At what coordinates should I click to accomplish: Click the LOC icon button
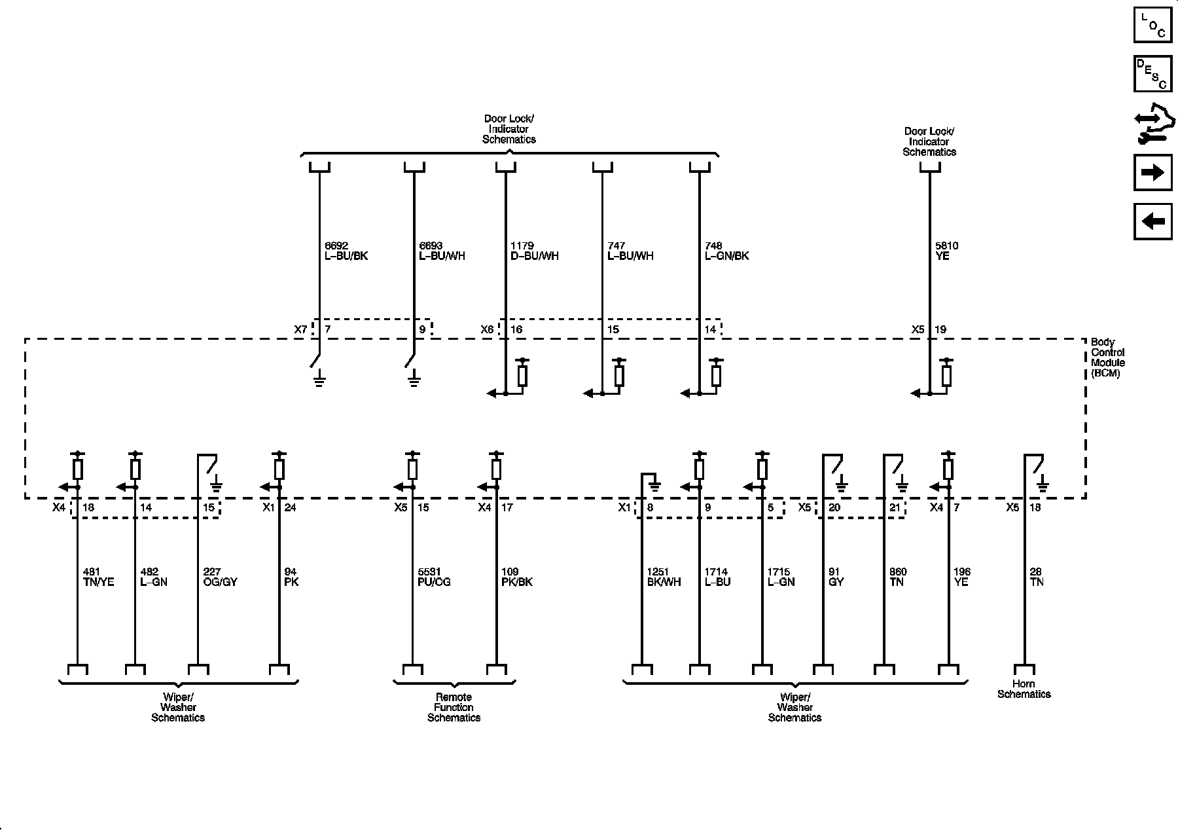tap(1152, 25)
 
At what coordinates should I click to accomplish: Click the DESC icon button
tap(1152, 74)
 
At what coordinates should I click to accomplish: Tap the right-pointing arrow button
tap(1152, 173)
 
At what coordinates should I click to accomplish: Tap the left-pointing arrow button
tap(1152, 221)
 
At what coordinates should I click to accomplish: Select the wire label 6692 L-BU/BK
tap(346, 251)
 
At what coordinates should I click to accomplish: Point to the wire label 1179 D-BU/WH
tap(534, 251)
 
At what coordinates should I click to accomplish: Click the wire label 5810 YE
tap(946, 251)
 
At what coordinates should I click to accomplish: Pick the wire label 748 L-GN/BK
tap(726, 251)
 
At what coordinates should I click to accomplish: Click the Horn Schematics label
tap(1024, 689)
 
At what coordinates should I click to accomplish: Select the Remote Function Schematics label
tap(454, 708)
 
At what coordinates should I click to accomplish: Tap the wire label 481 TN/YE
tap(99, 577)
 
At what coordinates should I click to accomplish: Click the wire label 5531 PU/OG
tap(434, 577)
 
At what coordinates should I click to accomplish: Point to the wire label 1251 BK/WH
tap(663, 577)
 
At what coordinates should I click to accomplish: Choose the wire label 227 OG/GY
tap(220, 577)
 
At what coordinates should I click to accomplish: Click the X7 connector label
tap(300, 330)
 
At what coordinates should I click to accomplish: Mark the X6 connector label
tap(487, 330)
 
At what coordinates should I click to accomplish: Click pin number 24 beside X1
tap(291, 507)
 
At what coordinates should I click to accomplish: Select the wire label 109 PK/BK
tap(516, 577)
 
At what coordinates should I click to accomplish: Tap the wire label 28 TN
tap(1037, 577)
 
